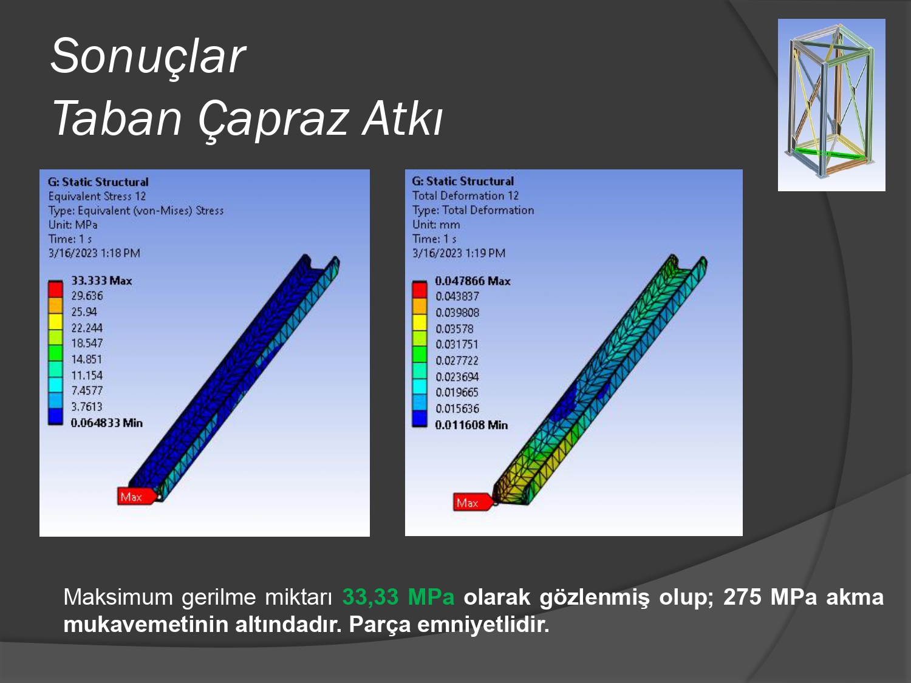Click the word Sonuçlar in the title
[x=148, y=56]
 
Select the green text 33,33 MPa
[x=398, y=597]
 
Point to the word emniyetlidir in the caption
[x=483, y=625]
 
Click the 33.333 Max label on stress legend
[x=101, y=280]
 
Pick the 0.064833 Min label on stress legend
[x=107, y=423]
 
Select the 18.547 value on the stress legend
[x=87, y=344]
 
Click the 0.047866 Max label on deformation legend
[x=473, y=281]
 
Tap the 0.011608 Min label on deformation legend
[x=471, y=425]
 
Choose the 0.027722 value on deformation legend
[x=457, y=361]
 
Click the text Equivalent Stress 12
[x=97, y=196]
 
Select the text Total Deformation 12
[x=466, y=195]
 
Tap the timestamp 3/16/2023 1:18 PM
[x=94, y=253]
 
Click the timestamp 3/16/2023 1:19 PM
[x=459, y=253]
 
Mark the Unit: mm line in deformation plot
[x=436, y=225]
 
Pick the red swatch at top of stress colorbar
[x=55, y=289]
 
